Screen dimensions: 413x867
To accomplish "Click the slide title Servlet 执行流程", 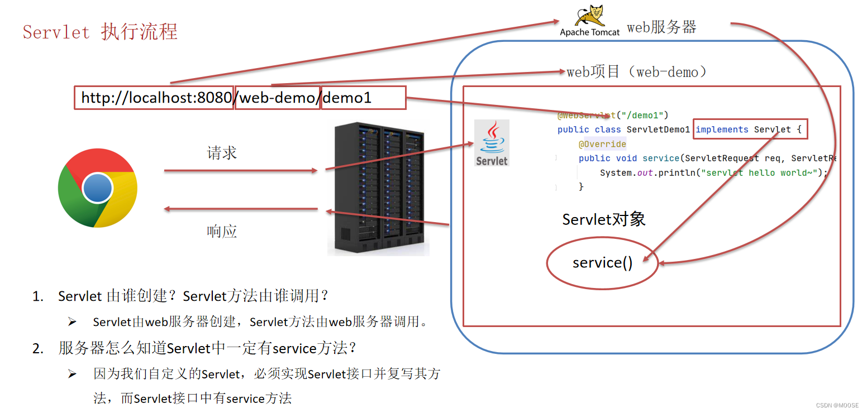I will pos(100,32).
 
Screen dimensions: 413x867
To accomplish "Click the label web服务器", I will pos(661,27).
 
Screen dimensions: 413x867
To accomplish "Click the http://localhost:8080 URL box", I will pos(154,98).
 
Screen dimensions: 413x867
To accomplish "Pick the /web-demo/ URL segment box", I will pos(278,98).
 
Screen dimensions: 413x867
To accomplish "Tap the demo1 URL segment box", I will pos(363,98).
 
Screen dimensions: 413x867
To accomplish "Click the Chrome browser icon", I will pos(98,188).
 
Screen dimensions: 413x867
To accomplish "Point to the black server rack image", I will pos(378,189).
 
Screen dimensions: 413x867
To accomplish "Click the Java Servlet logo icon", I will pos(492,143).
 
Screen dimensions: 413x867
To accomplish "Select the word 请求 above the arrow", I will pos(222,153).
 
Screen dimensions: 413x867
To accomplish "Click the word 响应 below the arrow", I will pos(222,231).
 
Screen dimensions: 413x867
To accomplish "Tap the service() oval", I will pos(602,263).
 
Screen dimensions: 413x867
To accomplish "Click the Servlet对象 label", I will pos(604,219).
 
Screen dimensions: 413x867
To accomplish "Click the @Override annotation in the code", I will pos(602,144).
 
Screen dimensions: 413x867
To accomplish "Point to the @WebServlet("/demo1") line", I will pos(612,116).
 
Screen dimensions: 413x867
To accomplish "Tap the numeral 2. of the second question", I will pos(38,349).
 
